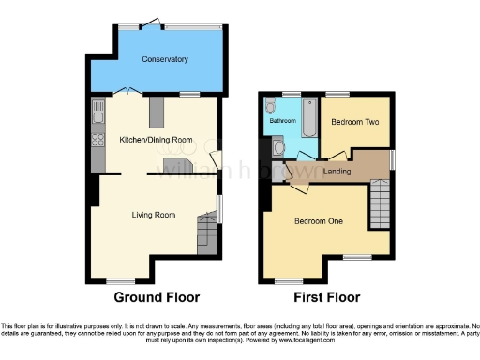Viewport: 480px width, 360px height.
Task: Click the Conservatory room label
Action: [165, 60]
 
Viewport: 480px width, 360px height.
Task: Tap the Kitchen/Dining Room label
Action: [156, 140]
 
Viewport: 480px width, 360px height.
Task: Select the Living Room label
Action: [154, 215]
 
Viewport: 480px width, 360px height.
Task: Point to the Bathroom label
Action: [283, 122]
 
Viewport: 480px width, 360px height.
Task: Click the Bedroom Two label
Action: [354, 122]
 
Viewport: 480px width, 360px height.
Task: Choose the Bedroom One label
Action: [319, 221]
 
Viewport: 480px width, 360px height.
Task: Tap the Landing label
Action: [337, 172]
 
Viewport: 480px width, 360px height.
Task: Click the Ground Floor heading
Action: [157, 297]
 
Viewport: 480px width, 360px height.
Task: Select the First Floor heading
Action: [328, 297]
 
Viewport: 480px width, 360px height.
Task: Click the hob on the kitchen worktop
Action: [97, 141]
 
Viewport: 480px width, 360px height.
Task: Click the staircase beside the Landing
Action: [378, 200]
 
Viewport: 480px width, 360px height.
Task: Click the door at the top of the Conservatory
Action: [151, 23]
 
